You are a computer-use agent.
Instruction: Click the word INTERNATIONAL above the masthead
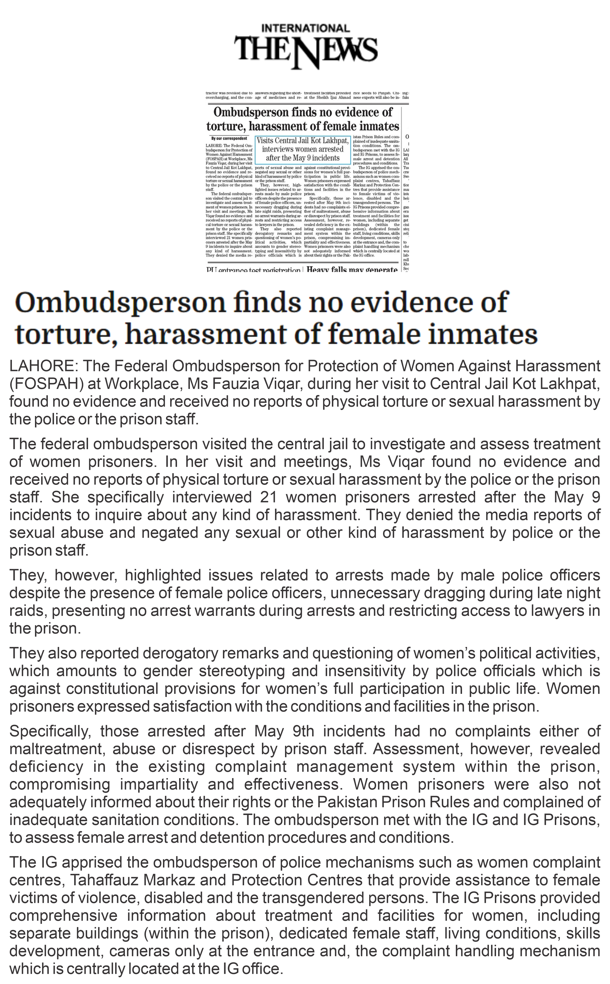coord(305,28)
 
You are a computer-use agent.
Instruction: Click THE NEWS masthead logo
coord(306,50)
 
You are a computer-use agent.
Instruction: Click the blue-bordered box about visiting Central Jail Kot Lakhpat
coord(303,149)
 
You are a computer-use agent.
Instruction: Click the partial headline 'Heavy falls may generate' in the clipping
coord(352,269)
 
